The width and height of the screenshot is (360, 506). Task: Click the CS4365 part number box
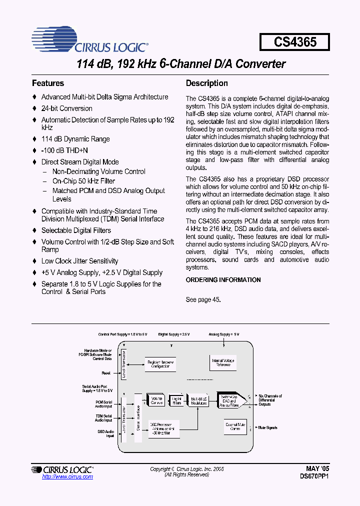pyautogui.click(x=294, y=42)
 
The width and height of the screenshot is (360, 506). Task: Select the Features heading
pyautogui.click(x=48, y=83)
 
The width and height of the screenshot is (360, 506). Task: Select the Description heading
pyautogui.click(x=206, y=83)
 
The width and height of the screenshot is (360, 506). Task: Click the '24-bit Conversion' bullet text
pyautogui.click(x=66, y=108)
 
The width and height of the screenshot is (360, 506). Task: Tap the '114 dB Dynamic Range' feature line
pyautogui.click(x=75, y=139)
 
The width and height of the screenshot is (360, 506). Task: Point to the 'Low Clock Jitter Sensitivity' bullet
pyautogui.click(x=79, y=261)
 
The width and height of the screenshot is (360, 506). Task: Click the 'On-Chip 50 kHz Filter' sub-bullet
pyautogui.click(x=83, y=181)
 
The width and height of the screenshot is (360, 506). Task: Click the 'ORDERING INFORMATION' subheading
pyautogui.click(x=223, y=280)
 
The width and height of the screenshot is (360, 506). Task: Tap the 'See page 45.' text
pyautogui.click(x=203, y=299)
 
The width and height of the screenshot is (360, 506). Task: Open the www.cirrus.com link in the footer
pyautogui.click(x=67, y=477)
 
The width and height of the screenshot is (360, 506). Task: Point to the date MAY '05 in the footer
pyautogui.click(x=318, y=469)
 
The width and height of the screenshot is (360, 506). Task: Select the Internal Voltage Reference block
pyautogui.click(x=223, y=362)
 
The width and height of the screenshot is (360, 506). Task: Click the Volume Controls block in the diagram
pyautogui.click(x=156, y=400)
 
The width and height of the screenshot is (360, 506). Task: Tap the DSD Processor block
pyautogui.click(x=160, y=428)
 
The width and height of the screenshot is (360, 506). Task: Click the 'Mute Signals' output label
pyautogui.click(x=267, y=427)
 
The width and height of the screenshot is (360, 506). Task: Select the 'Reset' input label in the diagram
pyautogui.click(x=106, y=373)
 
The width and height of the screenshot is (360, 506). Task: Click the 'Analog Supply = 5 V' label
pyautogui.click(x=224, y=334)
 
